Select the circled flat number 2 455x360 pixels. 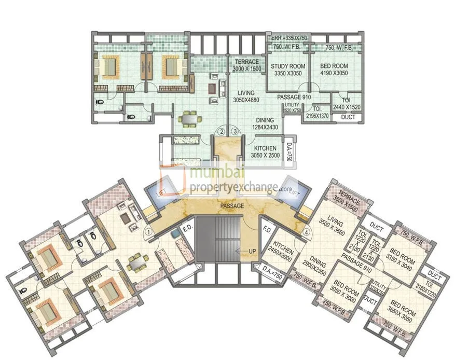(221, 132)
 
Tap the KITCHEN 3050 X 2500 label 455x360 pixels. (265, 152)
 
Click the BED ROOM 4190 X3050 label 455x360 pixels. (334, 70)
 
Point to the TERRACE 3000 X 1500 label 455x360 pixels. (246, 65)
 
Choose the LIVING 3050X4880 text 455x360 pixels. (246, 96)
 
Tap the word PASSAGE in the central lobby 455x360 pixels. (231, 206)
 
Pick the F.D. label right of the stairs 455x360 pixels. (268, 229)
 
